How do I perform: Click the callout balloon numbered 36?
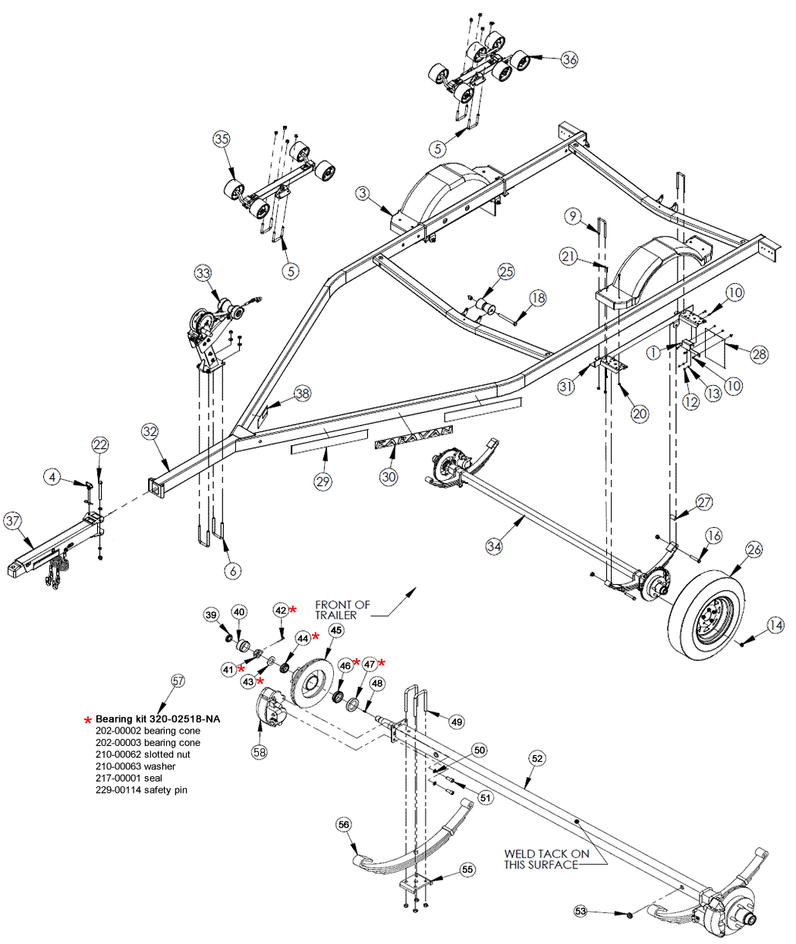click(569, 58)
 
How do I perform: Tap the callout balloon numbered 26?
click(754, 549)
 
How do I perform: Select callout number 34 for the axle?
click(495, 546)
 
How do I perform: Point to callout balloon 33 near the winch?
click(203, 273)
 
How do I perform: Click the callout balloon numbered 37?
click(13, 521)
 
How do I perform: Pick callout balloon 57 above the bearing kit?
click(178, 681)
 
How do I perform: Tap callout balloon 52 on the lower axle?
click(537, 758)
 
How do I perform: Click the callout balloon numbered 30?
click(389, 476)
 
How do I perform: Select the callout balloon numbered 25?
click(506, 271)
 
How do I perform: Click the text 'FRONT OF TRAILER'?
click(342, 610)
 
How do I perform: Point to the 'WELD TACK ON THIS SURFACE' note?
click(546, 859)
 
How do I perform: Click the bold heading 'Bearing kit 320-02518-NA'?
click(158, 718)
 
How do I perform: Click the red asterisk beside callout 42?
click(293, 609)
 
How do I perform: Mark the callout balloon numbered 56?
click(344, 825)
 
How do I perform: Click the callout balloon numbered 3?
click(363, 194)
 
